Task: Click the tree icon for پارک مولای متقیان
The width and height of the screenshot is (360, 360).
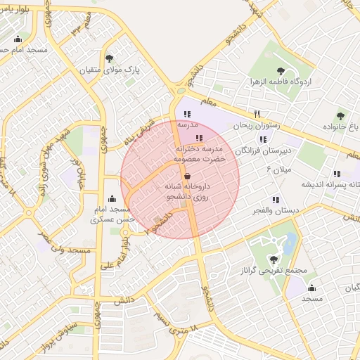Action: [108, 58]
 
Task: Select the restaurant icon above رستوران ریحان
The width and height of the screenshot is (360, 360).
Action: [257, 114]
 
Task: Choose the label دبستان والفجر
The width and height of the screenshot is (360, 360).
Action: [275, 210]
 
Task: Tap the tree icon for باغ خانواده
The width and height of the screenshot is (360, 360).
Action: [340, 115]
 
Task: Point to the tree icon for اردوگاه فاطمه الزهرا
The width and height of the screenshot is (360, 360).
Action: [281, 70]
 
